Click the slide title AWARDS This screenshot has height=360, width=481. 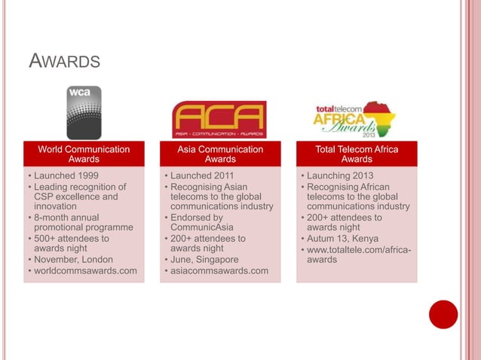64,59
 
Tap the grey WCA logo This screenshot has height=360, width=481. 84,112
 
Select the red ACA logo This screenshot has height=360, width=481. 219,120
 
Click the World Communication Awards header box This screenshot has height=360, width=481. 84,154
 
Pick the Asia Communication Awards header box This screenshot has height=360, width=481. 220,154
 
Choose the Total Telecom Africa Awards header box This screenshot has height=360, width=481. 357,154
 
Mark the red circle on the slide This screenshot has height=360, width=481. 443,315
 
